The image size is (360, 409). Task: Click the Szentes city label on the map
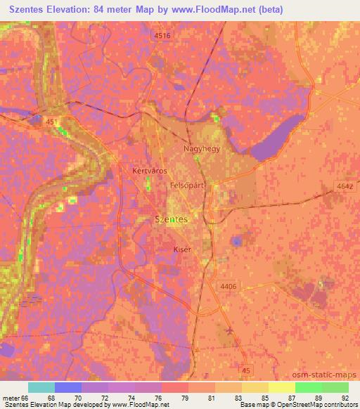point(170,220)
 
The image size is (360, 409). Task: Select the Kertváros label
point(148,170)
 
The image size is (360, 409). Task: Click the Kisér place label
point(181,249)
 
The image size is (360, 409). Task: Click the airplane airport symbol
point(231,330)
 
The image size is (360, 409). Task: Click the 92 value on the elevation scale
point(344,398)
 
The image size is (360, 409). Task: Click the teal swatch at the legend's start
point(41,387)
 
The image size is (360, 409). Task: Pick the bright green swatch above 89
point(308,387)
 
